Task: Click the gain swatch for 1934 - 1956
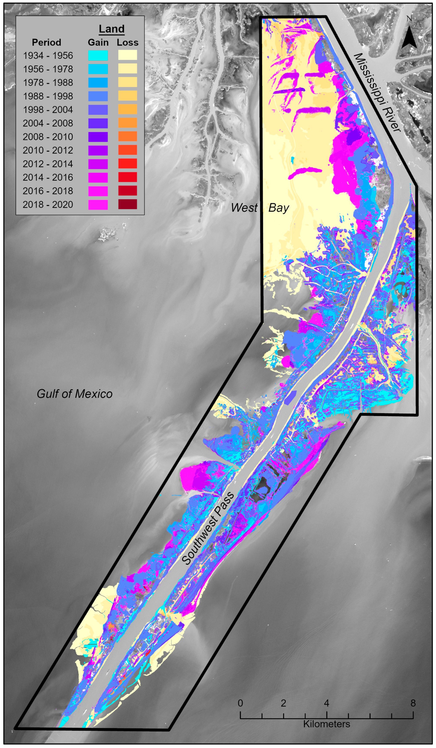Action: [x=98, y=55]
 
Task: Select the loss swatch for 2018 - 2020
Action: [x=128, y=204]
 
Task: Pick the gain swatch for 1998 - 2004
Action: [x=98, y=109]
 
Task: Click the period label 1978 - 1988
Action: [x=48, y=83]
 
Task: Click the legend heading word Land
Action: [x=112, y=29]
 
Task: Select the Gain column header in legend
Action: [x=98, y=42]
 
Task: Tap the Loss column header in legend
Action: [x=128, y=42]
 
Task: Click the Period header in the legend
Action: [x=46, y=42]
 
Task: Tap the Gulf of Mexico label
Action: [x=75, y=394]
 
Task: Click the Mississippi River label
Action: [x=377, y=93]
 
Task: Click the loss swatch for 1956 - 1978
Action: [x=128, y=69]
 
